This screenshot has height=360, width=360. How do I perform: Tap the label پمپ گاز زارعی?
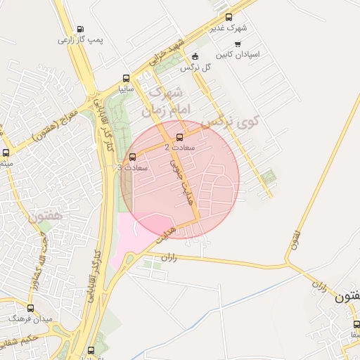80,40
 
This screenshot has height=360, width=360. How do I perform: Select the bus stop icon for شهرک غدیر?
229,18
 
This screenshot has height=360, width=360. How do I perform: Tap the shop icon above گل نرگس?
195,57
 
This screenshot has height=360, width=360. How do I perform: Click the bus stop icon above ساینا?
126,79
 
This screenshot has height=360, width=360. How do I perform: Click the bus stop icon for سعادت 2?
179,137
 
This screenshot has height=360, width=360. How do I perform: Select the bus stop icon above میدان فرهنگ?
30,308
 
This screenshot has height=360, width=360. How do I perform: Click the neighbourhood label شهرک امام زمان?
163,102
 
